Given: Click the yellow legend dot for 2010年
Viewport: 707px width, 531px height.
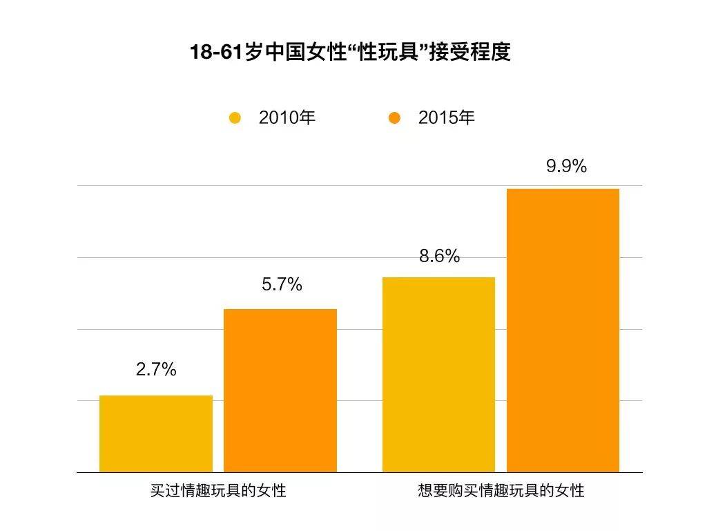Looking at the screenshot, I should point(235,118).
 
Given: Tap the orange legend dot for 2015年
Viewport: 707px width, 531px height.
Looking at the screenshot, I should point(394,118).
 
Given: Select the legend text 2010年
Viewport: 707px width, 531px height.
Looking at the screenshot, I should point(287,118).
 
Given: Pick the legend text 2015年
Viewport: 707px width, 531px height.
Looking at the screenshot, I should point(447,118).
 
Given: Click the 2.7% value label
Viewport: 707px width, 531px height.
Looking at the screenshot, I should point(156,370).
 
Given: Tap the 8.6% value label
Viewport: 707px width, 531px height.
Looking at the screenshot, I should point(439,257).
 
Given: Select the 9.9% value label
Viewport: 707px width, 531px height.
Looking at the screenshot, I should point(566,167).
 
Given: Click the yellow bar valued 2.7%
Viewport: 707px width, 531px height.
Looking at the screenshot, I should point(156,434).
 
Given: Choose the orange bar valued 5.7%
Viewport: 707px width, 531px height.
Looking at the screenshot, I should point(280,391).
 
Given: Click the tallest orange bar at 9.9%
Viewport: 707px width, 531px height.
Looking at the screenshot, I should point(563,330).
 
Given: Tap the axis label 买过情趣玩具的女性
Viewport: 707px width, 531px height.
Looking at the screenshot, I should point(218,492).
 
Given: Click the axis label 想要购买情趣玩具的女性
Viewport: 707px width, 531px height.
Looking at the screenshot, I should point(501,492).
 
